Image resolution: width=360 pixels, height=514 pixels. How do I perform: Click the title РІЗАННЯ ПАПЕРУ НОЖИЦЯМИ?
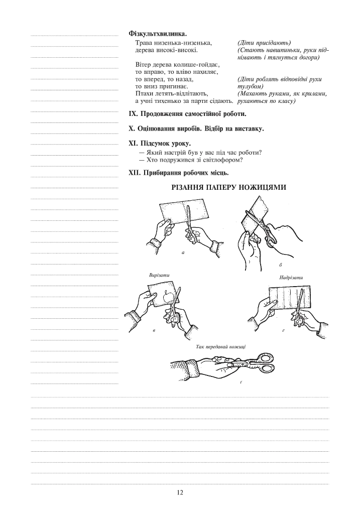coord(229,188)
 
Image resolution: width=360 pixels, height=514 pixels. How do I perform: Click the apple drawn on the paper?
coord(168,297)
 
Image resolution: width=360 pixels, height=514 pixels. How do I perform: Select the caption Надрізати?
coord(291,277)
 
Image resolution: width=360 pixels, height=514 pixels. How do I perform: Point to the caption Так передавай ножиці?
coord(221,347)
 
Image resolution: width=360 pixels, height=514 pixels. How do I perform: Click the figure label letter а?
coord(183,252)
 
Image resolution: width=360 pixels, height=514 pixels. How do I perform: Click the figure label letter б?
coord(281,265)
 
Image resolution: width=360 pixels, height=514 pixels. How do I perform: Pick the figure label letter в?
coord(154,330)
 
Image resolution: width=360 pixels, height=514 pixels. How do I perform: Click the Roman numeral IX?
coord(133,114)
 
